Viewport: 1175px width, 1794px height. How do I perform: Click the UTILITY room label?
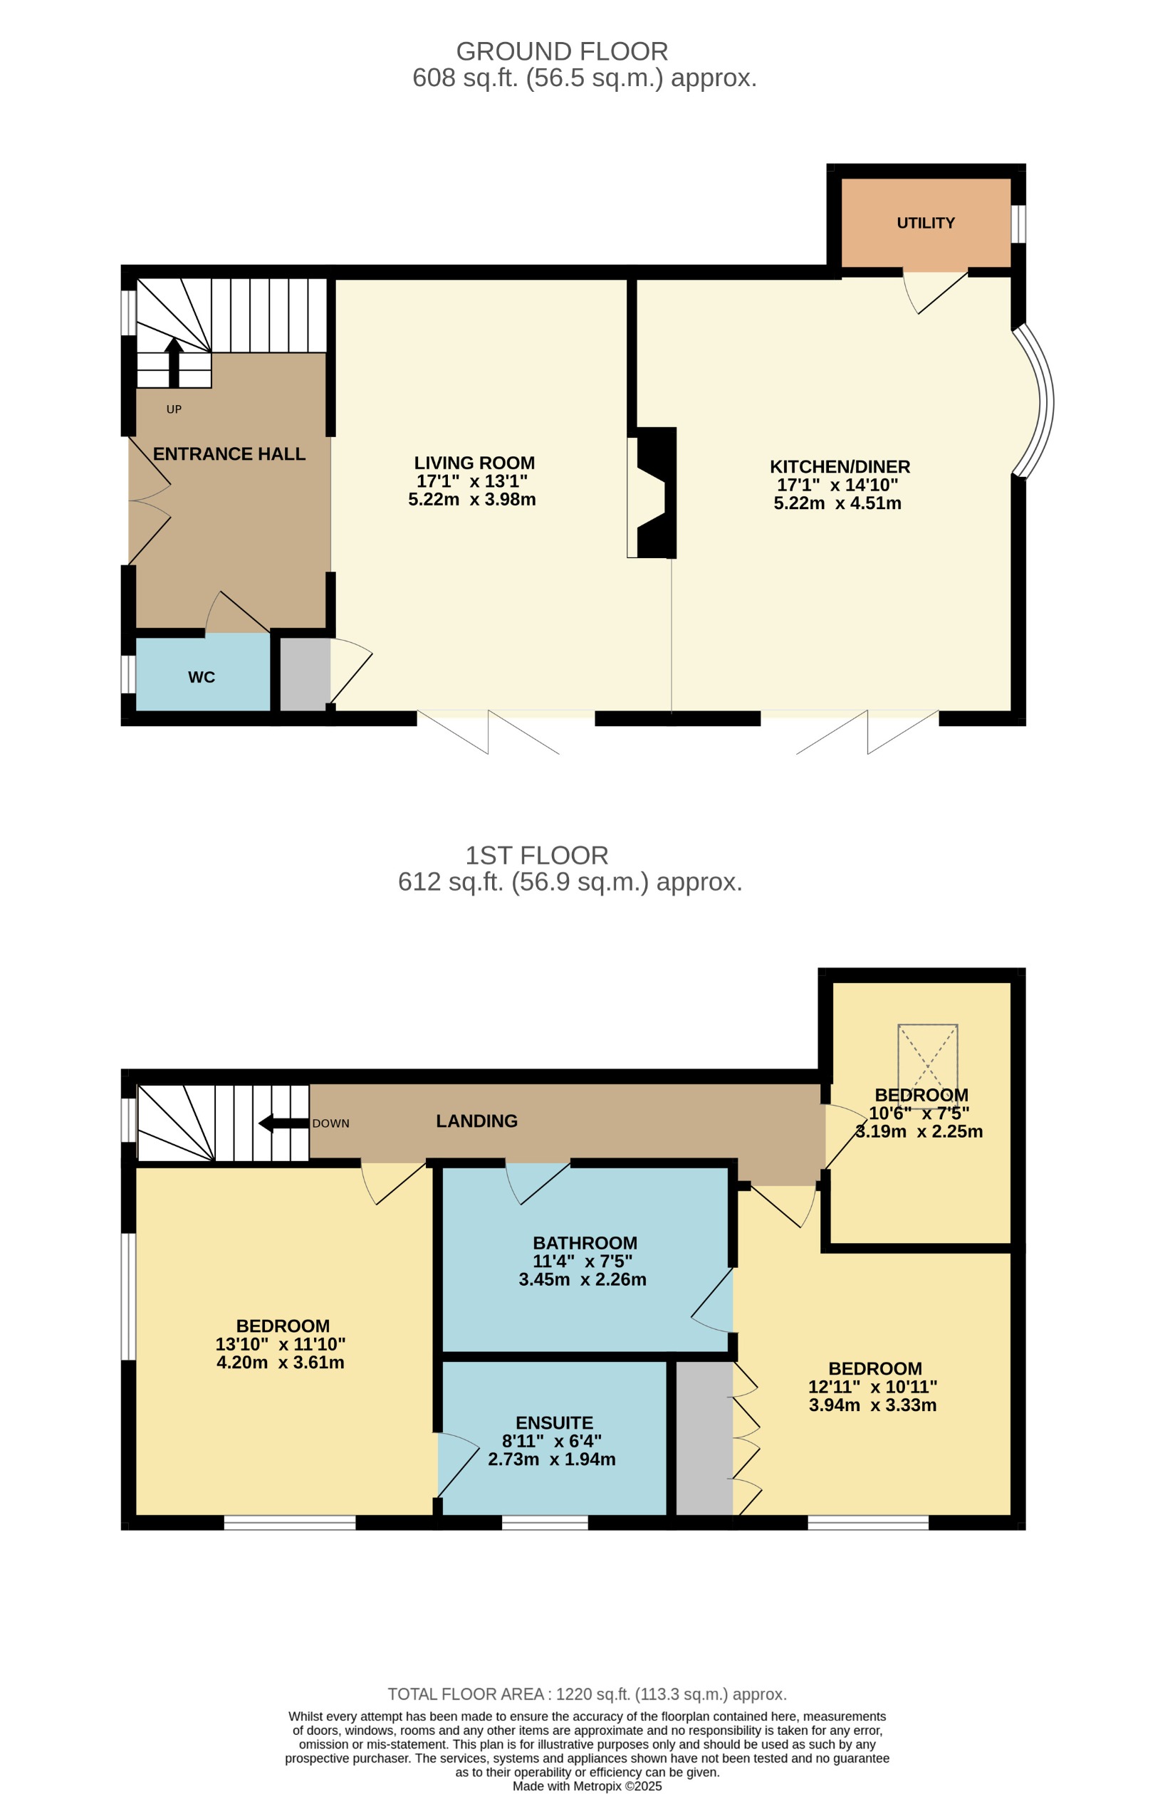click(925, 223)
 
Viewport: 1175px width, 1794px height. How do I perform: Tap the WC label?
click(202, 678)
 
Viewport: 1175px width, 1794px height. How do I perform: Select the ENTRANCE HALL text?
click(229, 453)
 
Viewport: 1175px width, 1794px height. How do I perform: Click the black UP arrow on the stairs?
click(174, 362)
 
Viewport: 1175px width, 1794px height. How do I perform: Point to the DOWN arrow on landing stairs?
click(283, 1124)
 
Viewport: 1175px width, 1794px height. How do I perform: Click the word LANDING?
click(476, 1121)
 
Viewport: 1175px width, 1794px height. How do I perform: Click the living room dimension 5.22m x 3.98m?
click(472, 500)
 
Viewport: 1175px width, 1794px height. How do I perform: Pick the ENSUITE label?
click(554, 1422)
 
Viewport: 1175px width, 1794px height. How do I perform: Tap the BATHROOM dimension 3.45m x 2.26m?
click(583, 1279)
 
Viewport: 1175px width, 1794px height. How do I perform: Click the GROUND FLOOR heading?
click(562, 51)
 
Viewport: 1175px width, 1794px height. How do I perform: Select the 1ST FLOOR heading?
click(536, 856)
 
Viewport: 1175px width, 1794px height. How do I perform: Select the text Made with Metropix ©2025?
click(587, 1785)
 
